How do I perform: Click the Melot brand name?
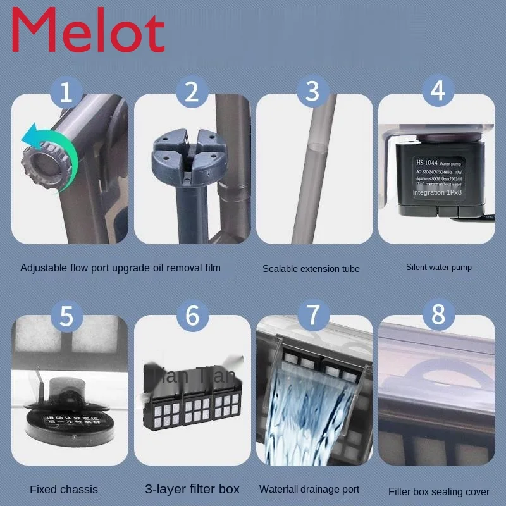tap(89, 31)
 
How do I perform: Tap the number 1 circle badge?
tap(71, 92)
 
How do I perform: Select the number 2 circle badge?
tap(192, 92)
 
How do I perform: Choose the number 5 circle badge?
tap(71, 315)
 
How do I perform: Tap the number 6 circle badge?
tap(192, 315)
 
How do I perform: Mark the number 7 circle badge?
tap(312, 314)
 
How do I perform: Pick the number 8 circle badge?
tap(437, 314)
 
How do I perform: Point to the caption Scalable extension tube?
tap(311, 269)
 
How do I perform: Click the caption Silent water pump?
tap(438, 268)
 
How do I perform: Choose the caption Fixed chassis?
tap(64, 490)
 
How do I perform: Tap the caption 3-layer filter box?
tap(192, 489)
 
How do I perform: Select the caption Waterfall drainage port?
tap(309, 490)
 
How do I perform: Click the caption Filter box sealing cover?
tap(438, 491)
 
